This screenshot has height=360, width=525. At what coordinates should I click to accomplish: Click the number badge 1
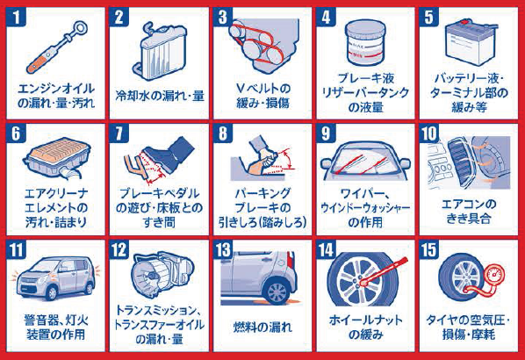click(x=16, y=17)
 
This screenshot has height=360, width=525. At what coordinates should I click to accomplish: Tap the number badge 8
click(x=223, y=133)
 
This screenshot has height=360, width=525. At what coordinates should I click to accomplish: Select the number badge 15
click(x=429, y=249)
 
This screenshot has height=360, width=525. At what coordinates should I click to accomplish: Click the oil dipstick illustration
click(x=56, y=47)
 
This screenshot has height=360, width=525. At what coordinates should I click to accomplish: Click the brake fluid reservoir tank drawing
click(x=365, y=43)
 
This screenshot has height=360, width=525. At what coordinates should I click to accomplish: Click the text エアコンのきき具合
click(x=469, y=212)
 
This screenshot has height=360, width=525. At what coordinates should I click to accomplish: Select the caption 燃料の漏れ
click(x=262, y=328)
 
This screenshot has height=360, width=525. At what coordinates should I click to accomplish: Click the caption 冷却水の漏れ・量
click(x=160, y=96)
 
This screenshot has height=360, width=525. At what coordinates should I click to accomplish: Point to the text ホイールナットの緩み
click(x=365, y=328)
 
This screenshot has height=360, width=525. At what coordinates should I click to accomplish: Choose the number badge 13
click(x=223, y=249)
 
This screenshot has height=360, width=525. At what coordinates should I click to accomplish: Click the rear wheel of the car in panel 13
click(x=277, y=292)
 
